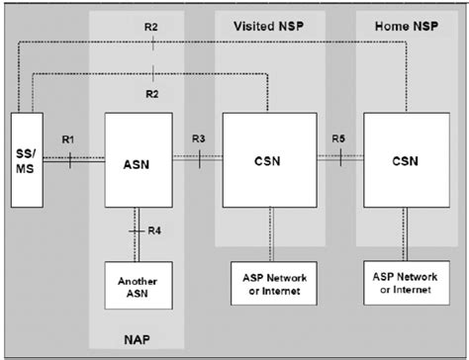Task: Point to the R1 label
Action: coord(68,140)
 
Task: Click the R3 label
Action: coord(198,140)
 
